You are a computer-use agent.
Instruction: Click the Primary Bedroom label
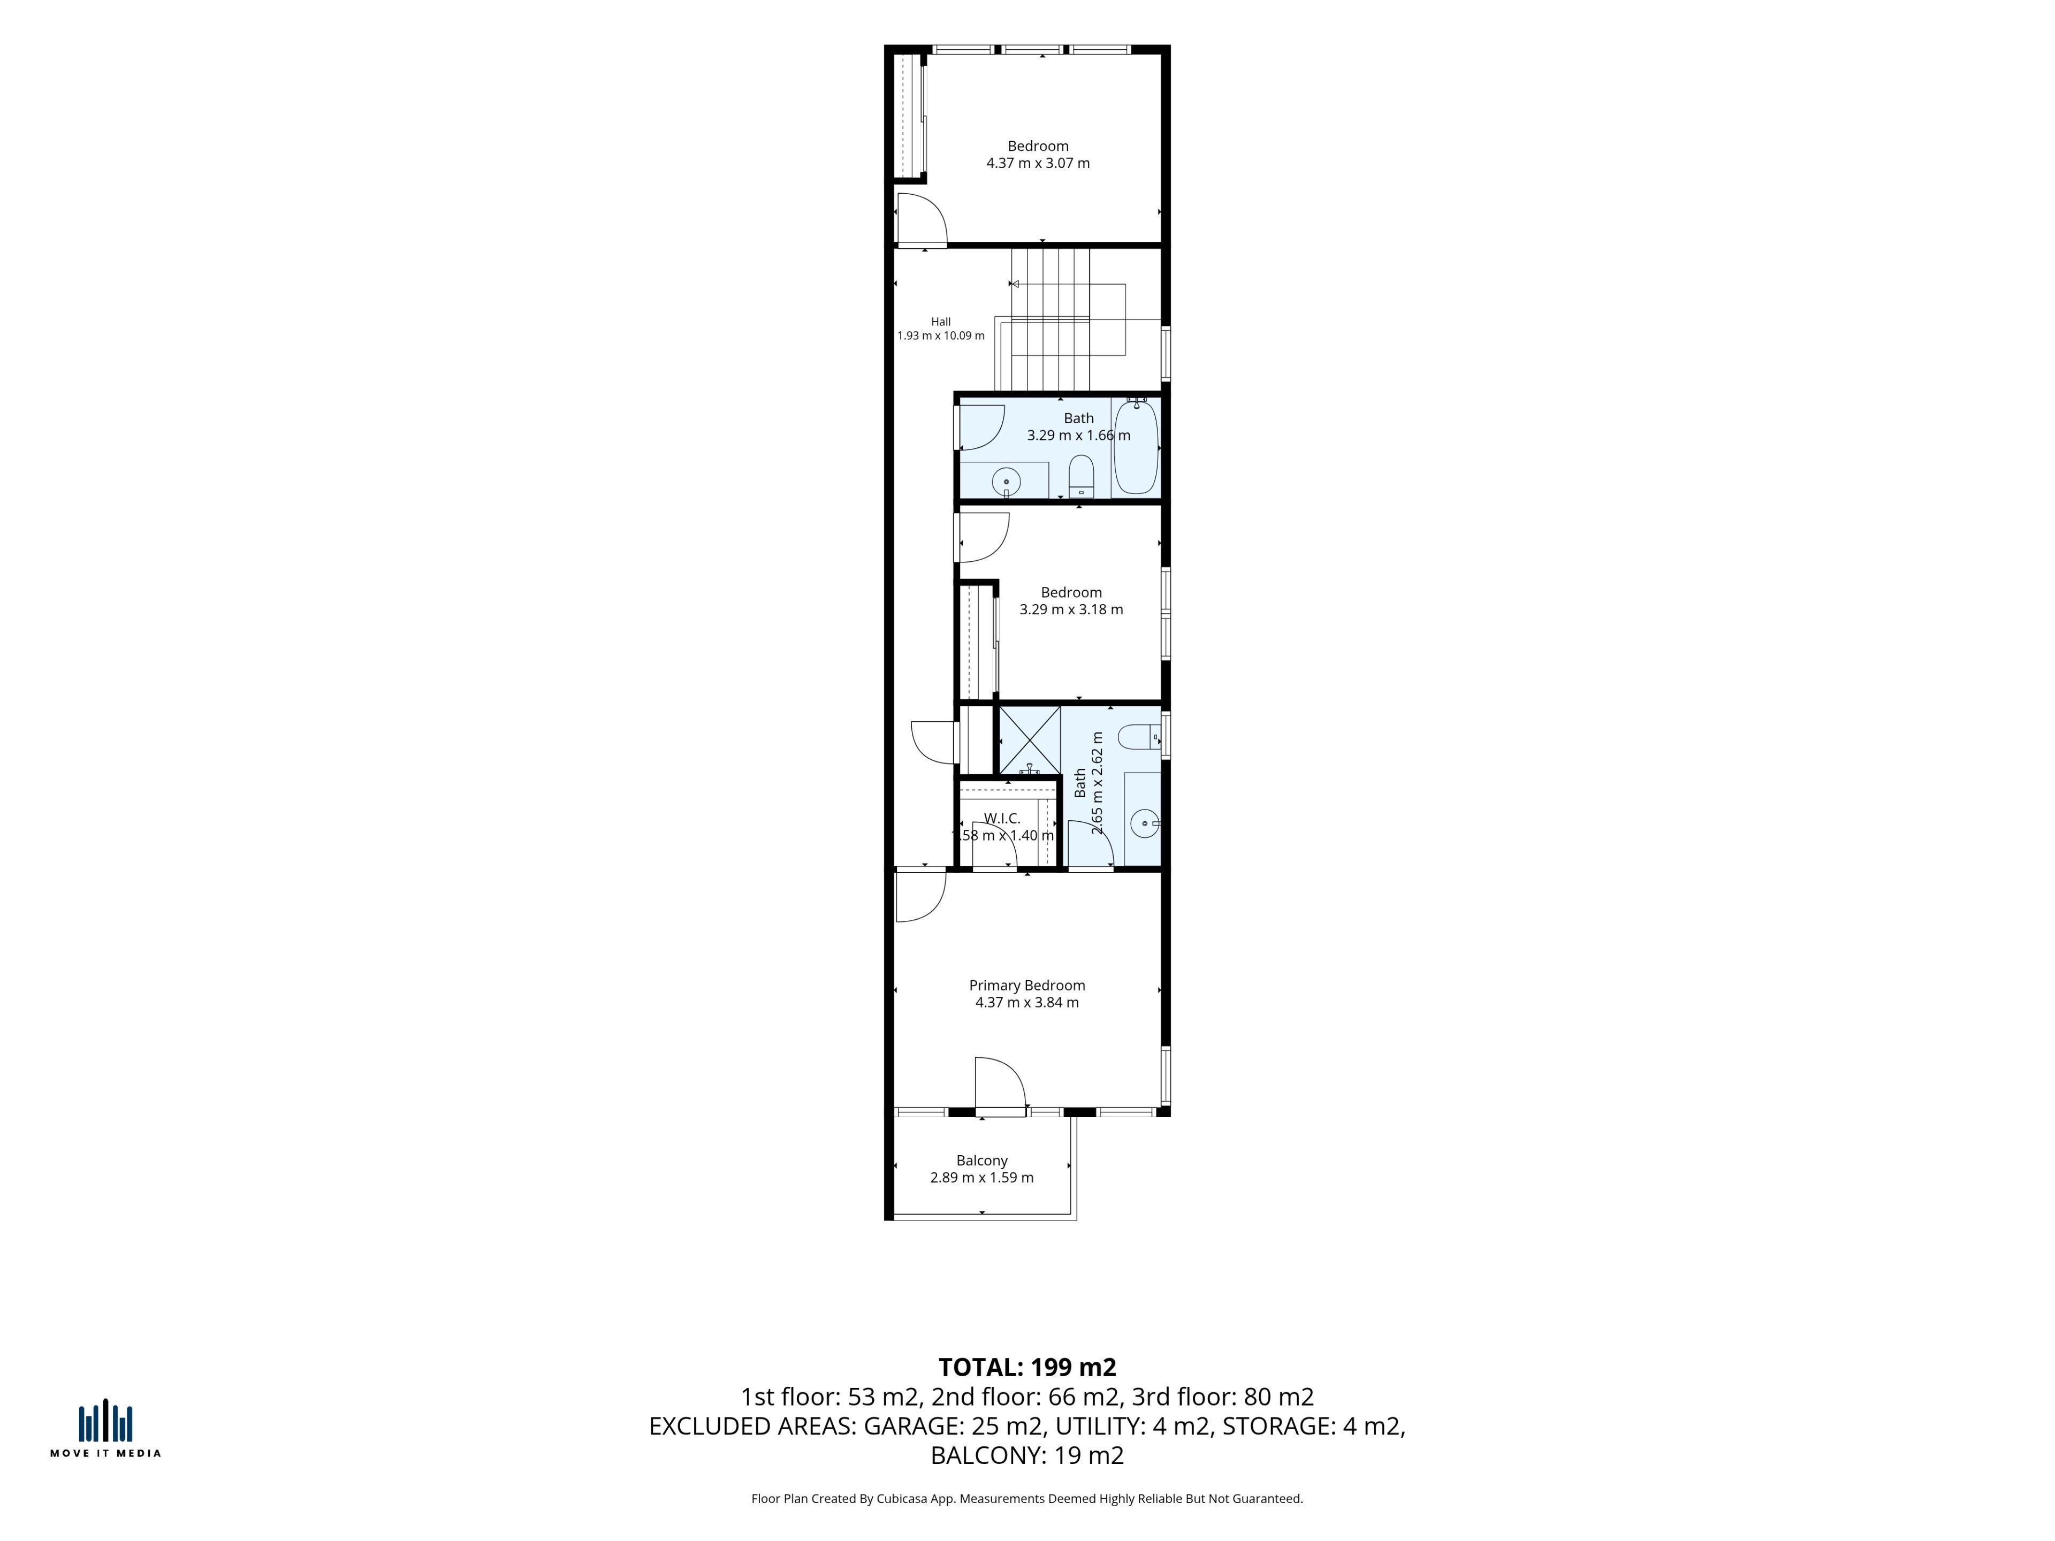point(1026,986)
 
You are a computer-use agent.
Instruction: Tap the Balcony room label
point(982,1160)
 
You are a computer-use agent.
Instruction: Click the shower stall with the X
point(1029,739)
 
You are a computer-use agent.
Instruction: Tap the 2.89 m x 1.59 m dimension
point(982,1178)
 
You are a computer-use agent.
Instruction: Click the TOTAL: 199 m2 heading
point(1027,1367)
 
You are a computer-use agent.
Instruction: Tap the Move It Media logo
point(105,1429)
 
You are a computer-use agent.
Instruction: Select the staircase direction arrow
point(1015,283)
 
